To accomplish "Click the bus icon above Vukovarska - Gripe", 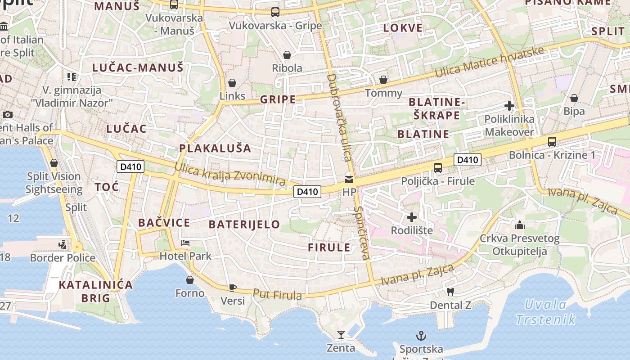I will point(275,12).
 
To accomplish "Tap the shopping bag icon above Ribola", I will point(287,55).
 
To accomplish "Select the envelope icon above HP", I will point(349,180).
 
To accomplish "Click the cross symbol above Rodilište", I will point(411,218).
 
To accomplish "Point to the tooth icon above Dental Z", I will point(450,292).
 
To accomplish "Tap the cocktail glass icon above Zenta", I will point(341,335).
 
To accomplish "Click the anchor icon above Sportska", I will point(421,336).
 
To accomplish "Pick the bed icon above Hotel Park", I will point(185,243).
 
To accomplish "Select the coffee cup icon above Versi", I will point(232,287).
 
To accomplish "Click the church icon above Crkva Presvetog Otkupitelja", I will point(520,225).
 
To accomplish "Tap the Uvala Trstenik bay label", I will point(545,312).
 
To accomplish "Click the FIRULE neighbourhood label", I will point(329,247).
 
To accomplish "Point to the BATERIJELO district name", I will point(244,224).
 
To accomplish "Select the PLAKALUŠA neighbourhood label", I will point(215,148).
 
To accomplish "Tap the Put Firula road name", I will point(277,295).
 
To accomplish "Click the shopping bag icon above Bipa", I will point(574,98).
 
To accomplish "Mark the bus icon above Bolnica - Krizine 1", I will point(552,142).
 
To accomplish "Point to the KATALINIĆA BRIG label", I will point(96,291).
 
